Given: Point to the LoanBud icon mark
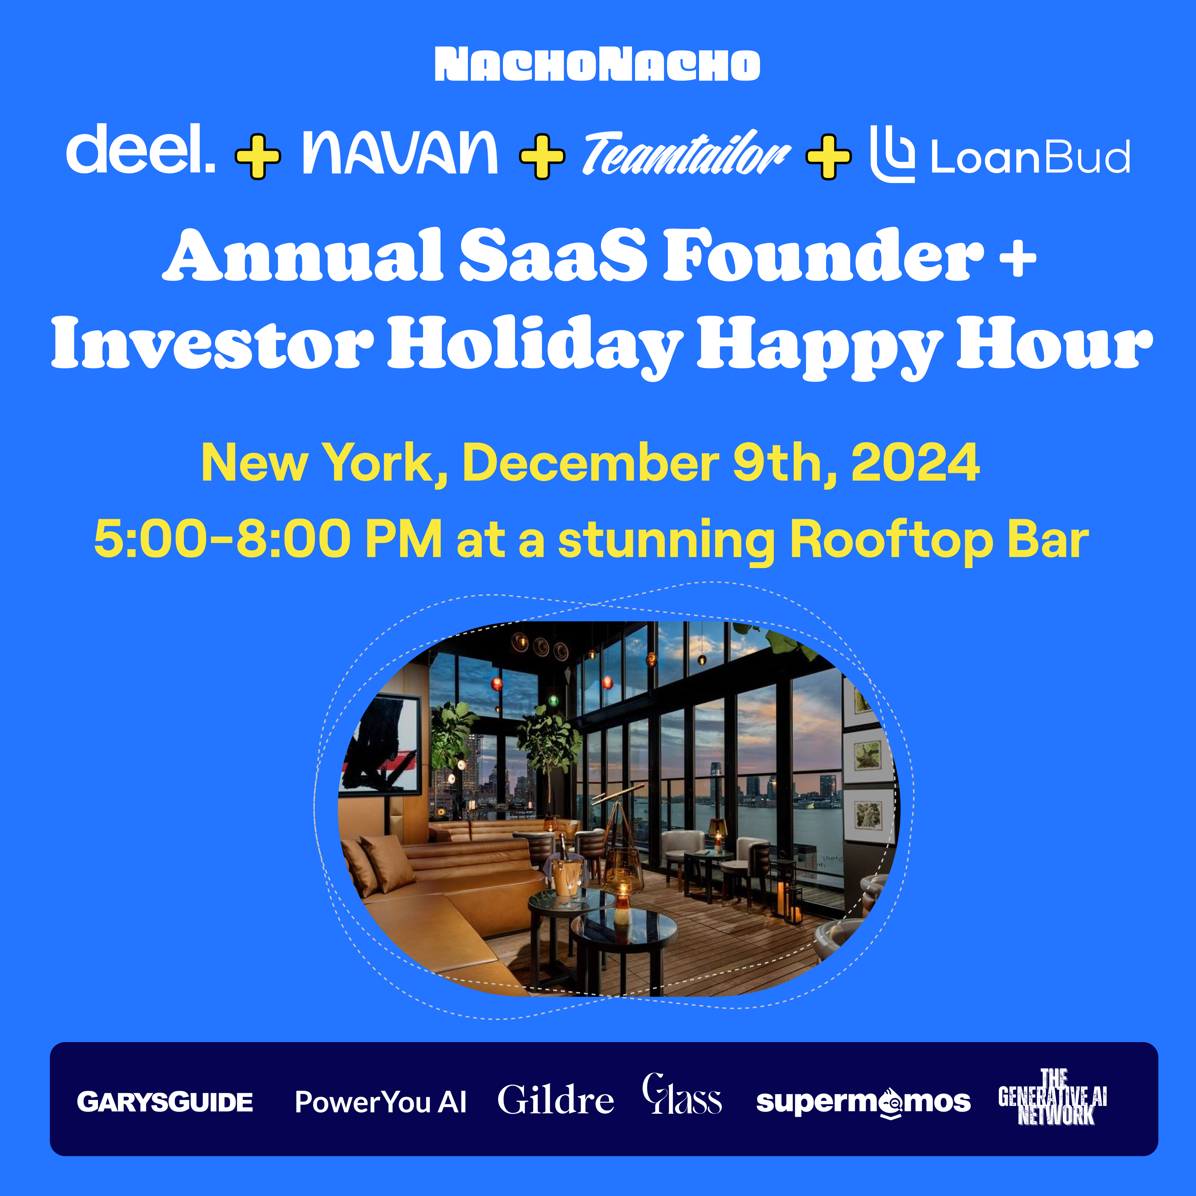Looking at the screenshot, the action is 892,154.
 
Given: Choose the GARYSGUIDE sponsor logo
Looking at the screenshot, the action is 165,1102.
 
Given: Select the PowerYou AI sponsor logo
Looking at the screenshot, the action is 381,1102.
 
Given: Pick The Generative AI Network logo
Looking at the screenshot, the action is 1052,1097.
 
